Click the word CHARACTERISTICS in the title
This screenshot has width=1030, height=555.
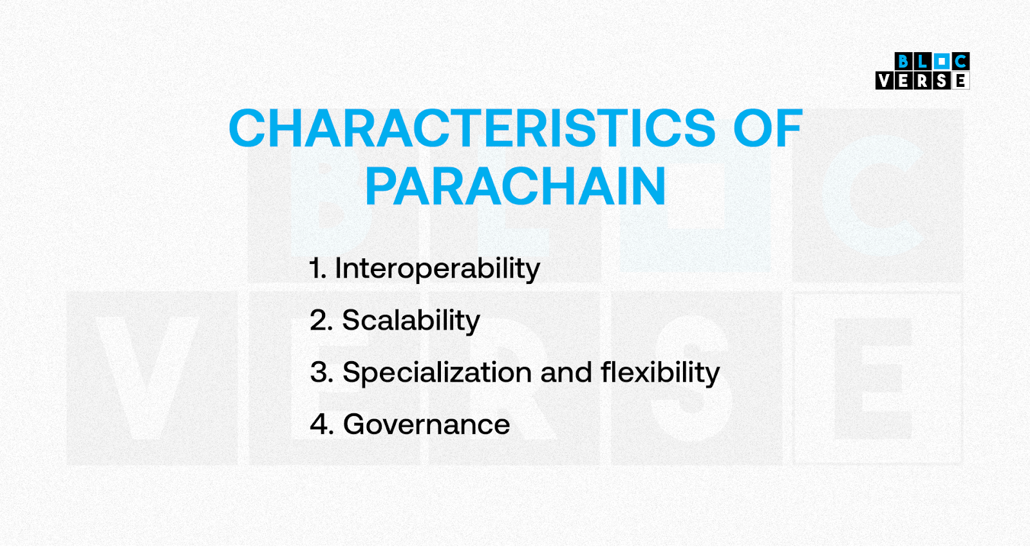click(x=473, y=128)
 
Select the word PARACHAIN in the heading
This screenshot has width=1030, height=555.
click(x=516, y=186)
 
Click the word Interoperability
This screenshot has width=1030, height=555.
click(x=437, y=268)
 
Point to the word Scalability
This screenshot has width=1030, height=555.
click(x=411, y=321)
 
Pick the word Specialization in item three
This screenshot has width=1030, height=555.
click(x=437, y=372)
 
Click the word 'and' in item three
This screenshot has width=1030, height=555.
click(x=566, y=372)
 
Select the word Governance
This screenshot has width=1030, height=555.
click(x=427, y=424)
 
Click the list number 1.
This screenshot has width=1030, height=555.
click(x=317, y=268)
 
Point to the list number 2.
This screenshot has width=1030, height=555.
click(x=321, y=321)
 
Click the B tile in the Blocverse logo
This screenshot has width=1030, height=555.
click(x=904, y=61)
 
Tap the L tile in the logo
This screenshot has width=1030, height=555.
click(x=922, y=61)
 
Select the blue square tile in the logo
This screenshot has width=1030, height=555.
click(x=942, y=61)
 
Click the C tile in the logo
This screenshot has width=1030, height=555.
click(x=960, y=61)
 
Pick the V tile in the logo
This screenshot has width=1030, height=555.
click(x=885, y=80)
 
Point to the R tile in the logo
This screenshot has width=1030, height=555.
click(x=922, y=80)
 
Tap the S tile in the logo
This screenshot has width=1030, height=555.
click(x=942, y=80)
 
